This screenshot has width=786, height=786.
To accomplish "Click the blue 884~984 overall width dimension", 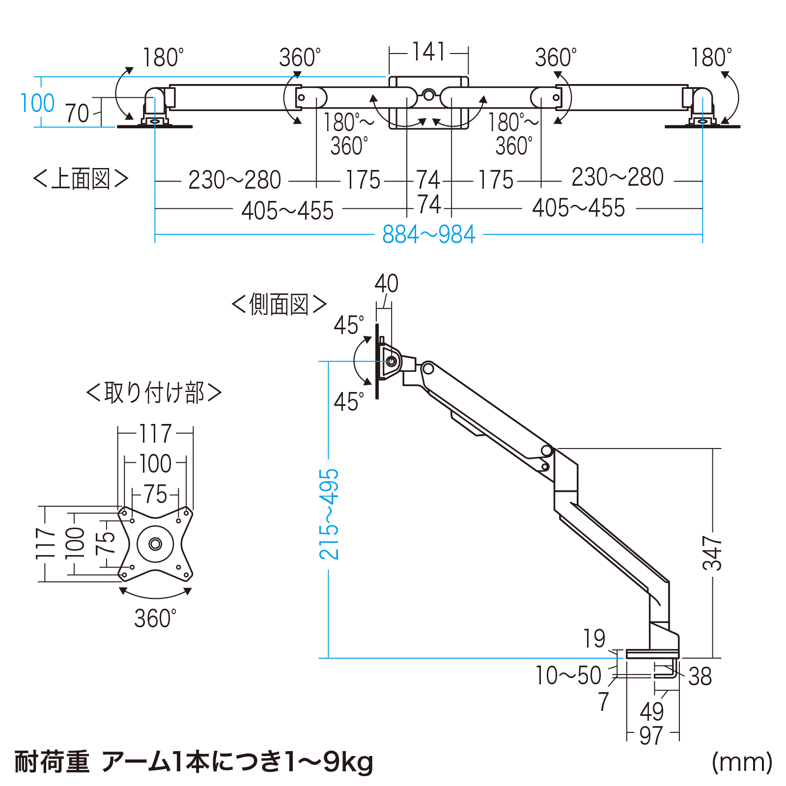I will [429, 235].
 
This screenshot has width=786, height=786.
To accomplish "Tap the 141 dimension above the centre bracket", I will [429, 52].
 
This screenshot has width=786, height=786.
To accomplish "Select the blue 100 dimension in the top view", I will [37, 103].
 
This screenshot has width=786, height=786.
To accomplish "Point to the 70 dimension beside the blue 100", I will [77, 113].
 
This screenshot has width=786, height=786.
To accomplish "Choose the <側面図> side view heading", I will [279, 305].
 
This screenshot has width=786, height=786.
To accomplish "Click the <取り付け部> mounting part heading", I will [154, 393].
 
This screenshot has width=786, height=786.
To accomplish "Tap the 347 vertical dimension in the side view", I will [712, 553].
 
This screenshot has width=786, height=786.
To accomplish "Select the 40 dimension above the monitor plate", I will [386, 283].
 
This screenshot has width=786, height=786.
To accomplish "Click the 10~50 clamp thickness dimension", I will [568, 675].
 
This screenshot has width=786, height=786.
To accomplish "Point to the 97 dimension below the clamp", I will [651, 735].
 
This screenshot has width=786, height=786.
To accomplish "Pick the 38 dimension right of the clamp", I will [700, 676].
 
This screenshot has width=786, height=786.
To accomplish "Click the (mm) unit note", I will [742, 762].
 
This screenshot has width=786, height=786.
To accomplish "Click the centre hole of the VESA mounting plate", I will [155, 544].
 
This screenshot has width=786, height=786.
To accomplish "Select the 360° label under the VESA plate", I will [155, 618].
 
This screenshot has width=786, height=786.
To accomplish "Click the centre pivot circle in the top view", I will [429, 94].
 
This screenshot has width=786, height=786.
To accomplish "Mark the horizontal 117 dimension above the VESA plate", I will [155, 434].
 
